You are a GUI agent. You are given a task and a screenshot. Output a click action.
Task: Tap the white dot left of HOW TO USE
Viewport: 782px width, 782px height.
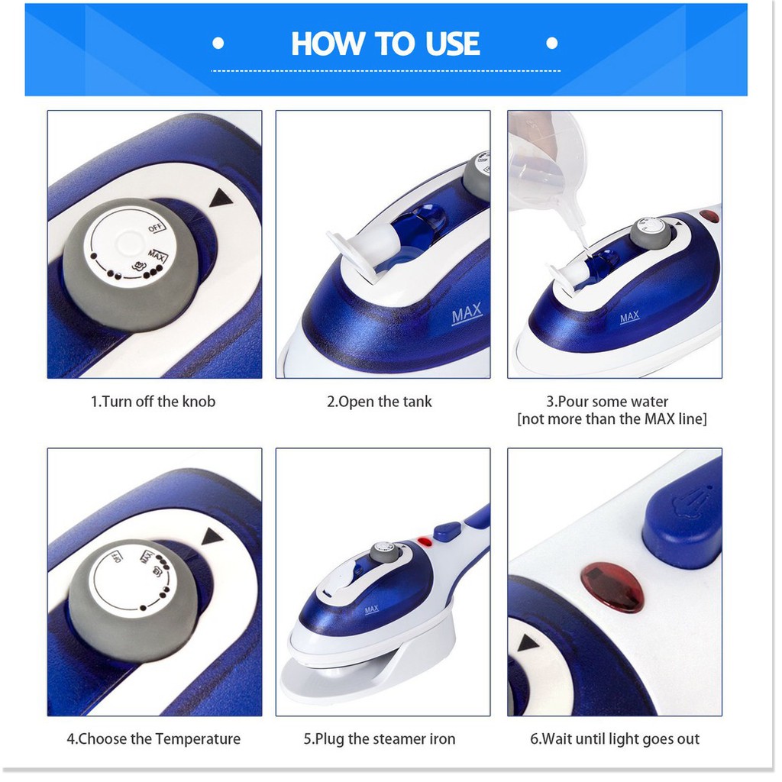[x=218, y=44]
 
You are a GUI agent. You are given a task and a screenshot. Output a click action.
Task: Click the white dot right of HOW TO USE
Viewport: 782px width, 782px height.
[x=551, y=44]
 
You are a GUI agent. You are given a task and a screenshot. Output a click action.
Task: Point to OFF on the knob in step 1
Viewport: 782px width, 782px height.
[x=156, y=228]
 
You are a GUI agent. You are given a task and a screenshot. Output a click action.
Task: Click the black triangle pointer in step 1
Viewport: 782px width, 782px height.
[x=221, y=198]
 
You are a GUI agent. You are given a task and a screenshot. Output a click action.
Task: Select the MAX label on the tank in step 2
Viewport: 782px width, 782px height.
[x=467, y=314]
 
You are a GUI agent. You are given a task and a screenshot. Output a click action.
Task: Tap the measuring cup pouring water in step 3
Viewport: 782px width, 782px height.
[x=544, y=170]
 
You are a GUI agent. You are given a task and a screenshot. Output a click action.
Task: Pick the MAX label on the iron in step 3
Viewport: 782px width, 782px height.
[x=629, y=317]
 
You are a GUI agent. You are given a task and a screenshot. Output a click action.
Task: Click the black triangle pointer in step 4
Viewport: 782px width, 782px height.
[x=212, y=537]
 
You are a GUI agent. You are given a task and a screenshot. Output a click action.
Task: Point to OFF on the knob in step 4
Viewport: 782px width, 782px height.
[x=115, y=557]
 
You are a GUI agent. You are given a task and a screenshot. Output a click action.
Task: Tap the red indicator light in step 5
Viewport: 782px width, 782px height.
[x=424, y=541]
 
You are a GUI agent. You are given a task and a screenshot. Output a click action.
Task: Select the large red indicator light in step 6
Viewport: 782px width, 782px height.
[x=612, y=587]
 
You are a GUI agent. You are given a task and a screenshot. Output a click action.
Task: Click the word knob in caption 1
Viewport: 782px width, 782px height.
[x=199, y=402]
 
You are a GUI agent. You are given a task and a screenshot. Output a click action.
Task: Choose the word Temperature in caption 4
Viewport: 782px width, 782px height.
[x=198, y=739]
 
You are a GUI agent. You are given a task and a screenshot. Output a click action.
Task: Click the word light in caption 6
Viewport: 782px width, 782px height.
[x=618, y=739]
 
